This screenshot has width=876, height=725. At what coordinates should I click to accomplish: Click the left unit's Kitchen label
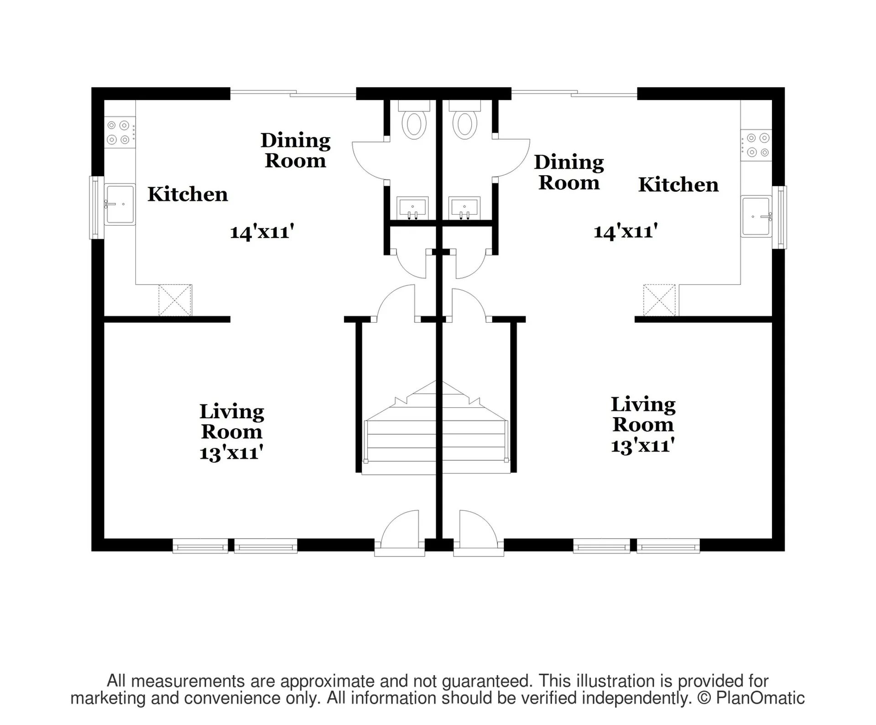(x=188, y=194)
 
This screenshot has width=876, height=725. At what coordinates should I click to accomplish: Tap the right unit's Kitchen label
(x=678, y=185)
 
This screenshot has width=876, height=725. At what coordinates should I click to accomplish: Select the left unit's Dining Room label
(x=296, y=150)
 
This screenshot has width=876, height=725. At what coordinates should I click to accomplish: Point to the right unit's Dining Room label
(x=569, y=172)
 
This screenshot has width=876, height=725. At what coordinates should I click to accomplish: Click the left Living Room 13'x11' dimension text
(x=231, y=453)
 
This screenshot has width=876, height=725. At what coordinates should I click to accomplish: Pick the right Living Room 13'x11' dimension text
(x=643, y=446)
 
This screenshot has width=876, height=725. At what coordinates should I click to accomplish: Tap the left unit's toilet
(x=414, y=120)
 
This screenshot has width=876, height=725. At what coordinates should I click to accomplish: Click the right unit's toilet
(x=464, y=120)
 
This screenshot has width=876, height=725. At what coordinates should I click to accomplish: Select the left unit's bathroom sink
(x=412, y=208)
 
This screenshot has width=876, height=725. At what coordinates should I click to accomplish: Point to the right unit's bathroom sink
(x=464, y=208)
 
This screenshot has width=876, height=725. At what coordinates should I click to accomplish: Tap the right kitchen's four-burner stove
(x=756, y=145)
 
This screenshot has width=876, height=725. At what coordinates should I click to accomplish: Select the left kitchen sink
(x=120, y=205)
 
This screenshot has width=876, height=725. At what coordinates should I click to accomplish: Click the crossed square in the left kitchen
(x=175, y=300)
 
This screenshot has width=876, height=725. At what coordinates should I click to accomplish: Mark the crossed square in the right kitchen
(x=659, y=300)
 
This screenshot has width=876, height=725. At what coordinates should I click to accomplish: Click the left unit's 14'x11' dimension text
(x=262, y=232)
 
